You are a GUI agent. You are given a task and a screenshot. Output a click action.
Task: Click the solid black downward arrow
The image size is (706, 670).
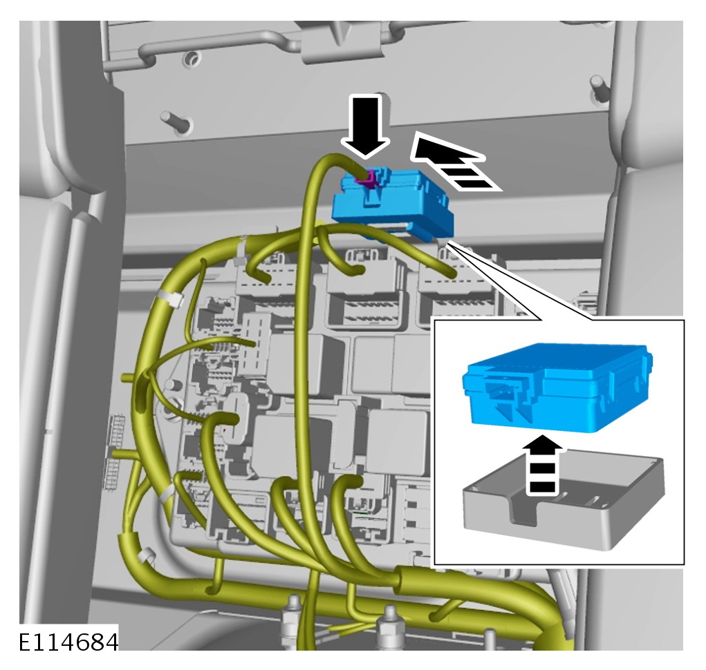[x=365, y=128]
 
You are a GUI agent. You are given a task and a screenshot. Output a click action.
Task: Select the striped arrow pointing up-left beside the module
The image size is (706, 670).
[x=453, y=162]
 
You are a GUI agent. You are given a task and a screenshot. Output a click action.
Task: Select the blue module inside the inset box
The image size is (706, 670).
[x=557, y=386]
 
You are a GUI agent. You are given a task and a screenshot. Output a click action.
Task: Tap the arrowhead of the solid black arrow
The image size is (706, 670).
[x=365, y=148]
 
